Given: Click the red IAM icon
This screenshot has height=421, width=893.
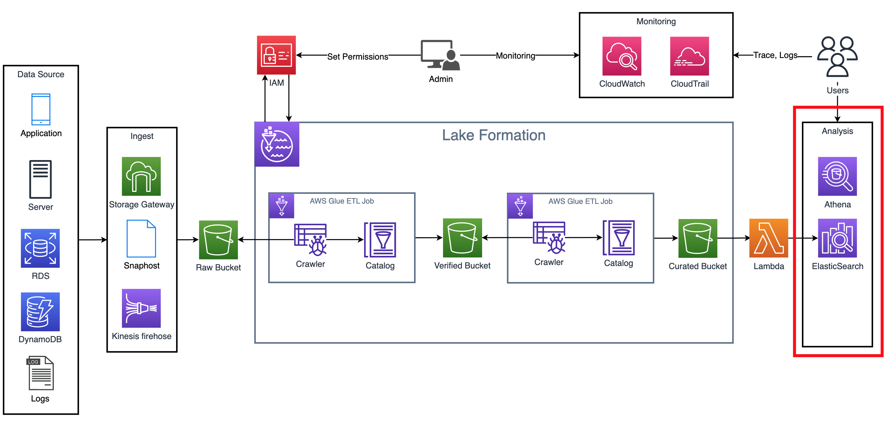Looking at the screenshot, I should (276, 55).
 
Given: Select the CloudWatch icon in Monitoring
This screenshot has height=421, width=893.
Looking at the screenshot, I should (622, 56).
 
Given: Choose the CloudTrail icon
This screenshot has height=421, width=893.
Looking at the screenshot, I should (689, 56).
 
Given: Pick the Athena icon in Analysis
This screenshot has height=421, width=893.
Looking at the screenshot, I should (837, 176).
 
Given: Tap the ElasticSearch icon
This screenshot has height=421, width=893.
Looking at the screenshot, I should (837, 238).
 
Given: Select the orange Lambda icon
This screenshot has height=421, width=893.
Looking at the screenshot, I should (769, 238).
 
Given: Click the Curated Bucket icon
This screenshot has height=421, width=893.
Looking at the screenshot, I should (698, 238).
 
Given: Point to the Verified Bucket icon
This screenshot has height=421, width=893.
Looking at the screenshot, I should (462, 238).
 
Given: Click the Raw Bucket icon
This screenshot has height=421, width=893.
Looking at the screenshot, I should (218, 239).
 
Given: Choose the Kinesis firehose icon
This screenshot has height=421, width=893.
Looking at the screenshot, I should (141, 308).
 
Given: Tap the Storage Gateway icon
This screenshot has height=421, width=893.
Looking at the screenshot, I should (141, 176).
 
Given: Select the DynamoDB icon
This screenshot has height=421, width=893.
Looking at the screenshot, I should (40, 311).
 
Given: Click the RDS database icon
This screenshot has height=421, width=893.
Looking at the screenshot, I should (40, 248).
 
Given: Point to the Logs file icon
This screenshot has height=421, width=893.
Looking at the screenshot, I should (40, 373).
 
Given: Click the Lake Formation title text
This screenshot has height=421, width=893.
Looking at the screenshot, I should (493, 135).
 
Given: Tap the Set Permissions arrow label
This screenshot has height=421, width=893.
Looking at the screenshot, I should (357, 56).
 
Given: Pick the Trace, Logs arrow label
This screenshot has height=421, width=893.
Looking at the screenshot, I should (775, 55).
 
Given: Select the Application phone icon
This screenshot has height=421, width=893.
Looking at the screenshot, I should (41, 109).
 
